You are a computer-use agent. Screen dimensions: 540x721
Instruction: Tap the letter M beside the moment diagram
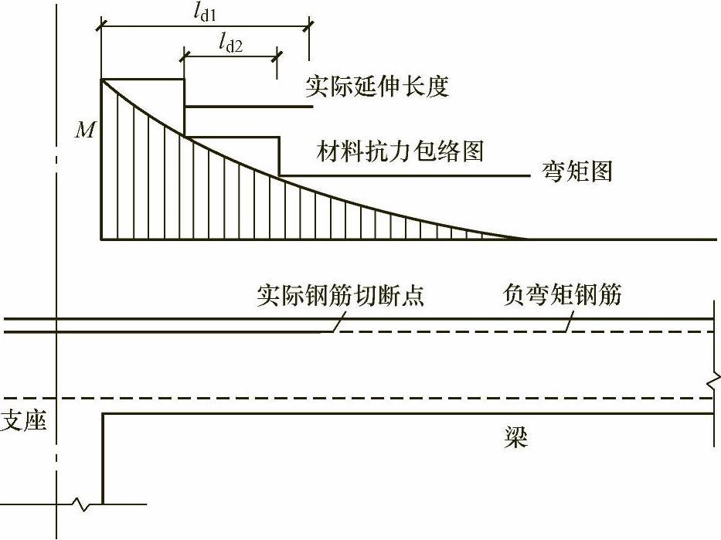(x=84, y=130)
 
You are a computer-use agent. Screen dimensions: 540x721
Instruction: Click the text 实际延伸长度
(x=376, y=86)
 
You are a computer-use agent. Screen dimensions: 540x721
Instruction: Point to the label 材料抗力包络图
(x=400, y=150)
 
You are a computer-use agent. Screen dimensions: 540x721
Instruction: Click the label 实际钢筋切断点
(x=340, y=297)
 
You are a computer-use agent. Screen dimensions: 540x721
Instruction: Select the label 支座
(x=24, y=422)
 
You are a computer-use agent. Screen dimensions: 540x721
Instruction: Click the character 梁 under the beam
(x=516, y=438)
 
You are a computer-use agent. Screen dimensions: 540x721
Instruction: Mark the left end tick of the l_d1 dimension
(x=100, y=27)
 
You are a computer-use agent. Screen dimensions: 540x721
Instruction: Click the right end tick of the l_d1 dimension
(x=309, y=27)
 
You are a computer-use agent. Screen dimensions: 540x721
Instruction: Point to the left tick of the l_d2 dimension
(x=184, y=56)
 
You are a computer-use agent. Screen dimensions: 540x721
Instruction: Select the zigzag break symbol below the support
(x=83, y=504)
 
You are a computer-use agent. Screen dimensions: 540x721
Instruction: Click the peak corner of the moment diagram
(x=102, y=79)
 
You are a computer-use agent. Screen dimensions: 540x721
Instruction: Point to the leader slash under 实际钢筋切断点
(x=335, y=326)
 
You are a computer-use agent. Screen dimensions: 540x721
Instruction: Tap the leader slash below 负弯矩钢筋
(x=570, y=325)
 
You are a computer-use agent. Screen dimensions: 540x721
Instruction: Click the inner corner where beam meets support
(x=103, y=414)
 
